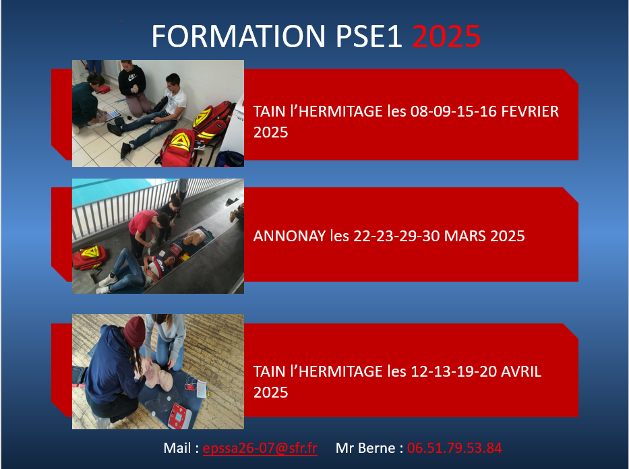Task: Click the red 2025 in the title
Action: (446, 36)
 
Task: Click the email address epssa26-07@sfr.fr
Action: (260, 448)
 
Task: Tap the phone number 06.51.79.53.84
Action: (454, 448)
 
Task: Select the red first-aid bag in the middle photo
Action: (88, 257)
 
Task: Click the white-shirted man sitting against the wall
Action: (165, 104)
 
